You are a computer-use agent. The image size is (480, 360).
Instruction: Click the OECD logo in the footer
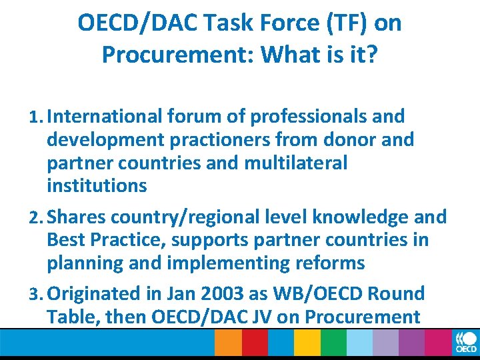pyautogui.click(x=465, y=343)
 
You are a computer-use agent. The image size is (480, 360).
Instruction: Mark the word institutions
pyautogui.click(x=97, y=185)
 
